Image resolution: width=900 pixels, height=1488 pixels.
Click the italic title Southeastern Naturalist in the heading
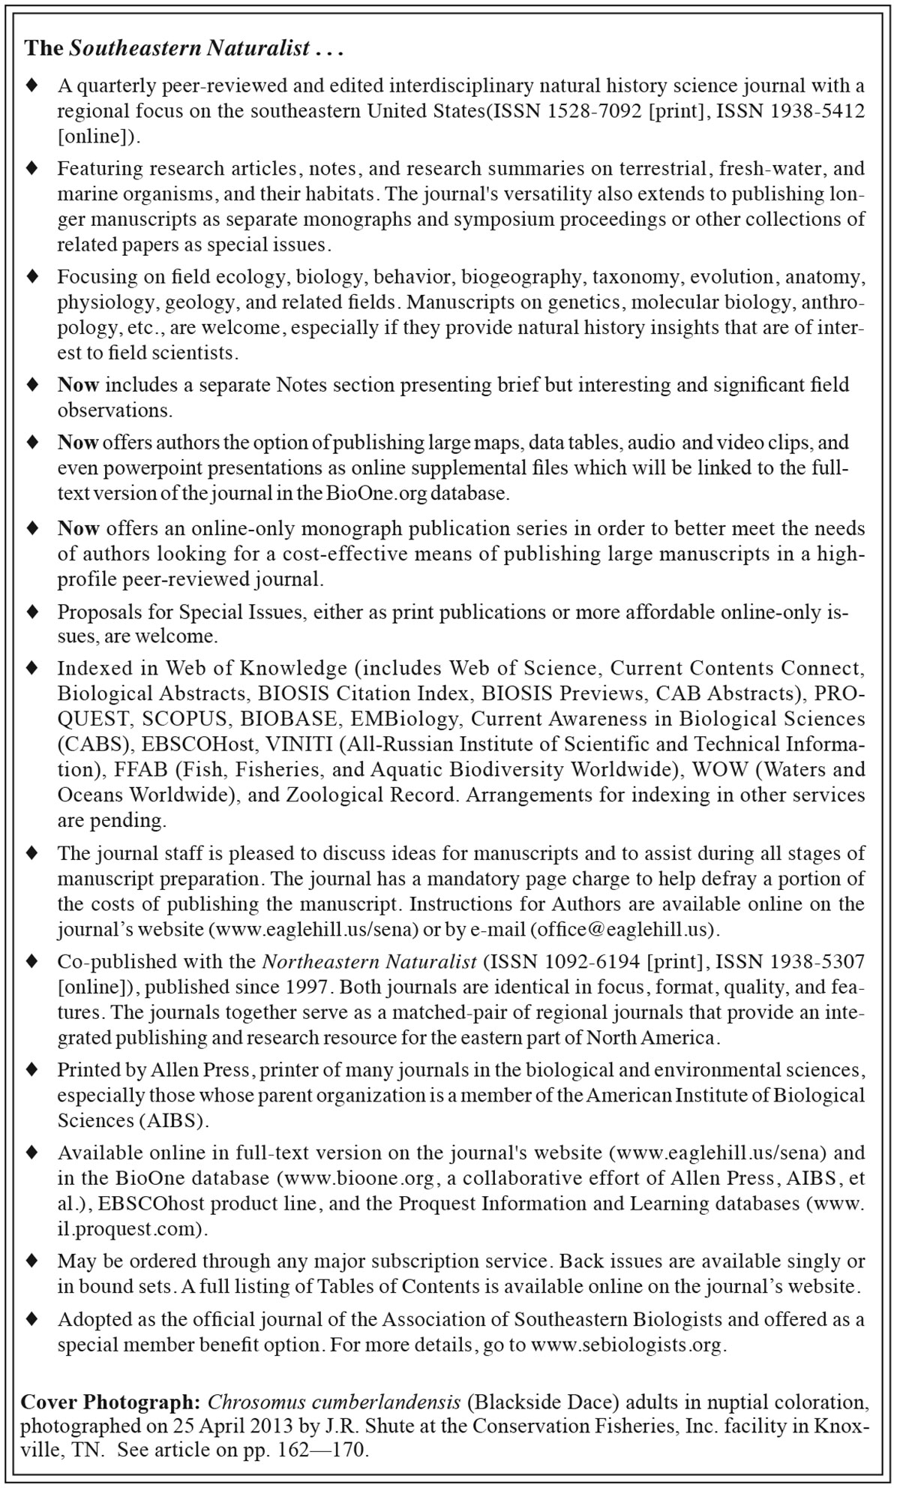(190, 50)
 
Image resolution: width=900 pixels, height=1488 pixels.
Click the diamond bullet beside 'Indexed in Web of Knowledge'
(32, 666)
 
